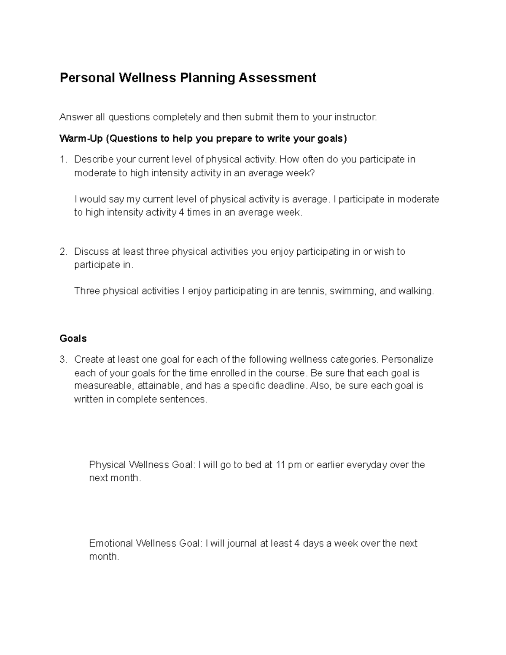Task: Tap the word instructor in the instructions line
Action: (355, 117)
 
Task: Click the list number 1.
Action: (63, 159)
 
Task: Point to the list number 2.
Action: (63, 252)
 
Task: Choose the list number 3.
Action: (63, 360)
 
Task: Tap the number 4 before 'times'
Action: (181, 213)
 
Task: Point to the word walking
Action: (416, 291)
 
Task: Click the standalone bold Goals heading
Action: (73, 339)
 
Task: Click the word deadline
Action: (285, 386)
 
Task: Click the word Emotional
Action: (111, 543)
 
